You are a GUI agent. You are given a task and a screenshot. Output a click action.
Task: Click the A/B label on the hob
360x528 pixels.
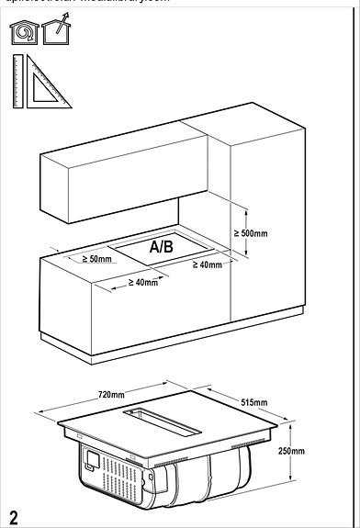(161, 247)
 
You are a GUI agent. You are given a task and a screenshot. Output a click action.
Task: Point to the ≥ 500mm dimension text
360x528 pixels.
(251, 233)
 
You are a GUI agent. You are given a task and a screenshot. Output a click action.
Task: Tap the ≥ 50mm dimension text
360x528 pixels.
(96, 260)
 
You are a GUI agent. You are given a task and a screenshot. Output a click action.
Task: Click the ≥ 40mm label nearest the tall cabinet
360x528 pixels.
(208, 265)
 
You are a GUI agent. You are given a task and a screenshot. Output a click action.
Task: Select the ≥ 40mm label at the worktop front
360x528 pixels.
(143, 282)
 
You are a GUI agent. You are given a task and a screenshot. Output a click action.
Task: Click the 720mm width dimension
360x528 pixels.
(111, 394)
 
